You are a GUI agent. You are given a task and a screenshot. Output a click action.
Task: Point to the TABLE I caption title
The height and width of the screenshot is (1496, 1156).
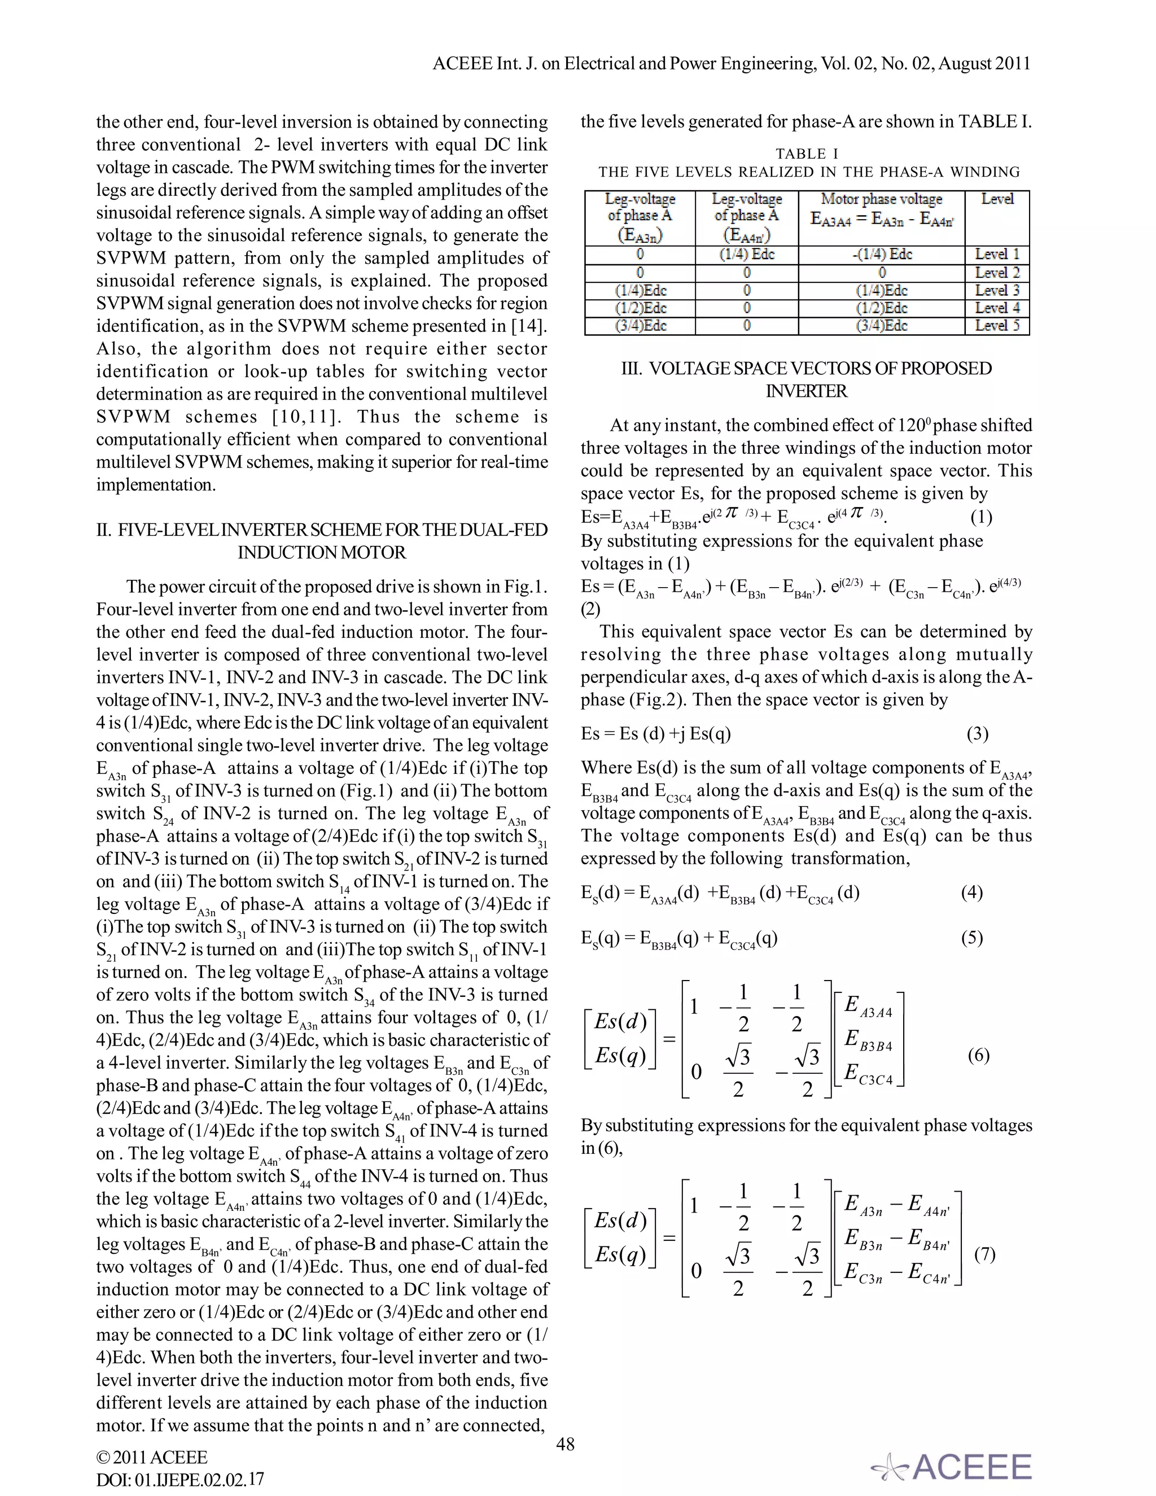(807, 154)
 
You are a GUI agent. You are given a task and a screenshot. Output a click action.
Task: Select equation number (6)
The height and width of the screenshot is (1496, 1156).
(978, 1056)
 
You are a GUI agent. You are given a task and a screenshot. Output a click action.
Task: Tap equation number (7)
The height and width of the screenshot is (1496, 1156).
(984, 1255)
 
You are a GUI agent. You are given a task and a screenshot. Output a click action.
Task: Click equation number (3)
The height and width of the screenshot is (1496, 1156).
(977, 734)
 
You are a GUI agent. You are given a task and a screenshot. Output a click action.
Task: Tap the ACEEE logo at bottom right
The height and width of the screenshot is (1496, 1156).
(952, 1467)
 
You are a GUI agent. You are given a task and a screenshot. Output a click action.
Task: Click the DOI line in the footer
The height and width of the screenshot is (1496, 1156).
(180, 1480)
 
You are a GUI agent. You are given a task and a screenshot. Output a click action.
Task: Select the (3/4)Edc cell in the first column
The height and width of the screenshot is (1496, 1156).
(640, 326)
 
